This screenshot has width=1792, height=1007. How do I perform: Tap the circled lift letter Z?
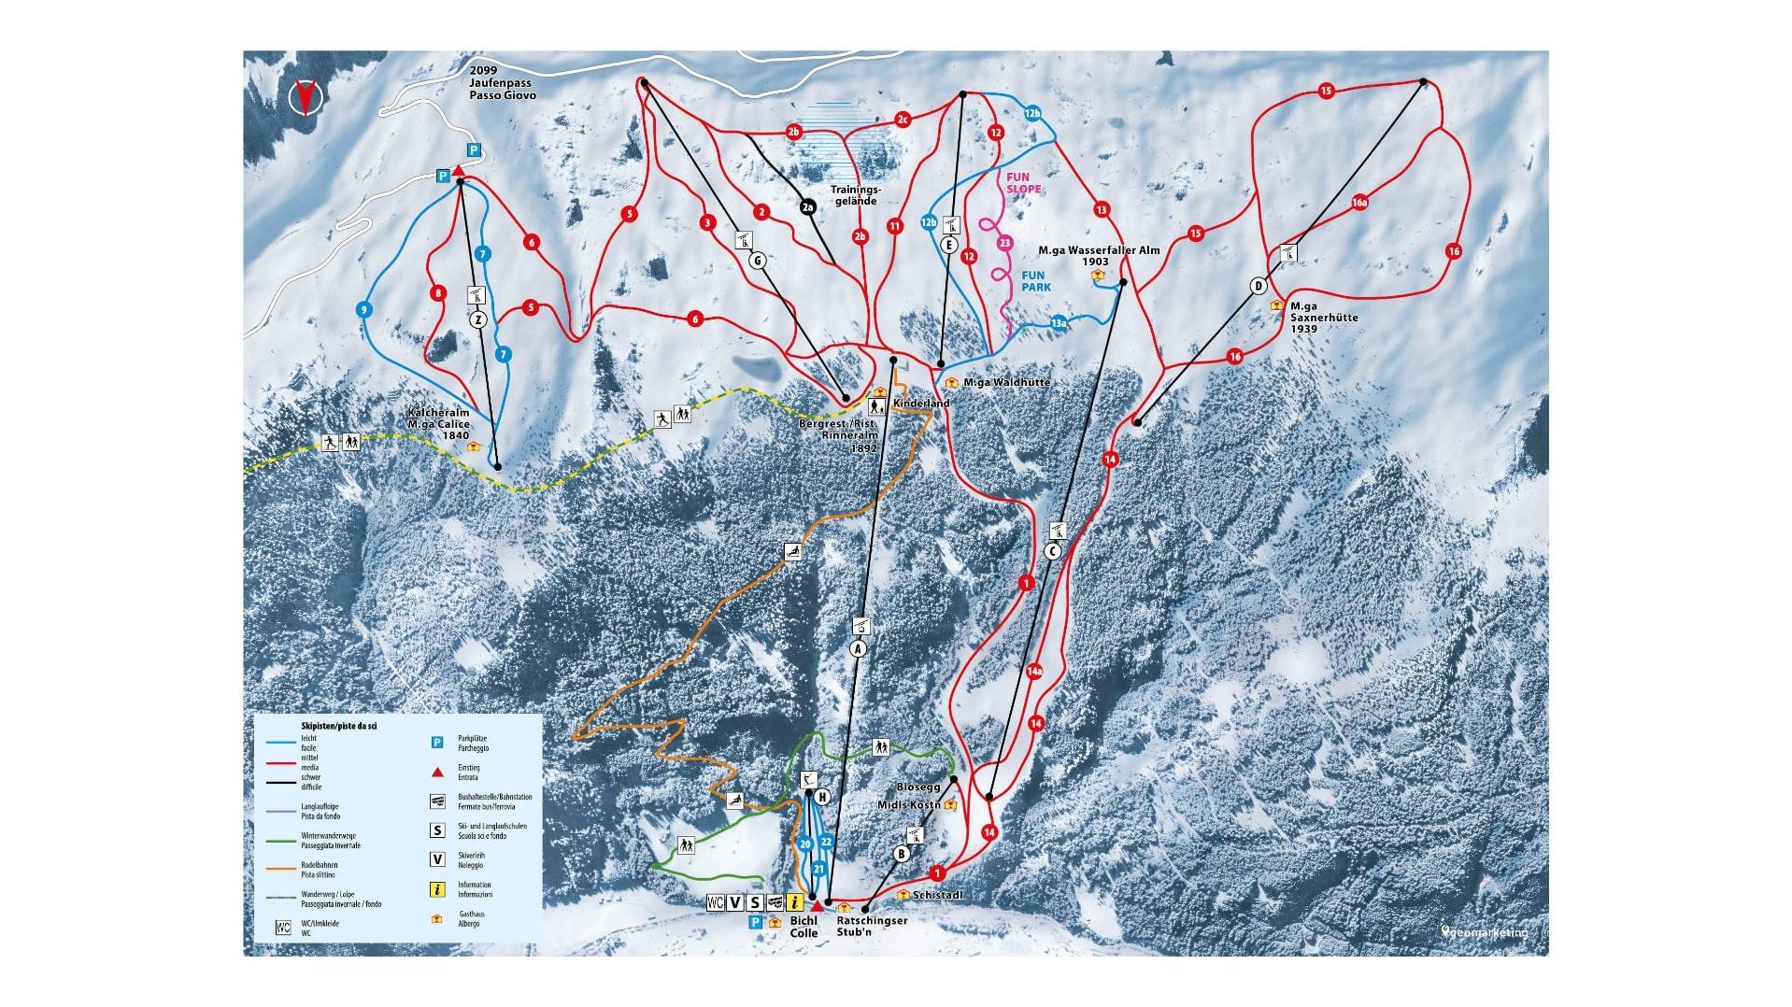pos(477,319)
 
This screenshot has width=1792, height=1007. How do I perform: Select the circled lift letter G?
pos(757,262)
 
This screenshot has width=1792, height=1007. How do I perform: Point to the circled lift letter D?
pos(1259,286)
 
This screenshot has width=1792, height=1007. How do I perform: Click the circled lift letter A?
pos(859,648)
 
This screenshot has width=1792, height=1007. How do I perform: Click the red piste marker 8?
pos(437,294)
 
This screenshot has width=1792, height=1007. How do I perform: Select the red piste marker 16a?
pos(1358,203)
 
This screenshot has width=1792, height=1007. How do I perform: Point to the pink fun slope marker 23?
pos(1004,244)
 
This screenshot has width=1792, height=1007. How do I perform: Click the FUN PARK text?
pos(1036,281)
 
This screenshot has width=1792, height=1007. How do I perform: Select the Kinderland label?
pos(921,404)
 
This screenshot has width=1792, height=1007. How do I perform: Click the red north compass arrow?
pos(304,97)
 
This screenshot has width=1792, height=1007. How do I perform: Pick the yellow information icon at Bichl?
pos(795,902)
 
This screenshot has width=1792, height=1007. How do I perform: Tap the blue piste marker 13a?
pos(1059,323)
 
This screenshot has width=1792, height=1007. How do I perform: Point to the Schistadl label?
pos(937,895)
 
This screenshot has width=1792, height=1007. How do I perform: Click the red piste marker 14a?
pos(1034,671)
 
